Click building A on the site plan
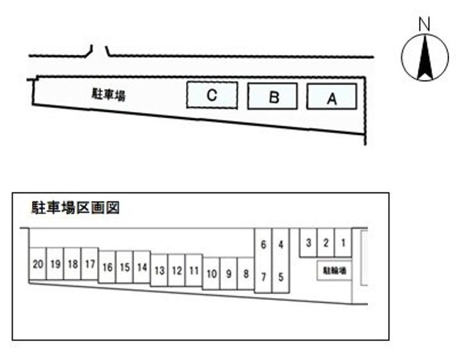pos(332,97)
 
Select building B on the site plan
pos(273,96)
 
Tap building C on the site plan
pos(212,95)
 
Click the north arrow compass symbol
pos(425,58)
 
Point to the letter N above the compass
pos(424,24)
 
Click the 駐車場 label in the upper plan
pos(109,95)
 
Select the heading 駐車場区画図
pos(75,208)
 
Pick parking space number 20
pos(38,263)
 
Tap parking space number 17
pos(90,263)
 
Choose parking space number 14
pos(142,267)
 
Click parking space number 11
pos(194,270)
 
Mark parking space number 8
pos(246,274)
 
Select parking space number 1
pos(343,242)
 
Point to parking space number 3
pos(309,242)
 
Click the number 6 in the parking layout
pos(263,244)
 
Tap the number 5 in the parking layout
pos(280,277)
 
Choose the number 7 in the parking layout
pos(263,277)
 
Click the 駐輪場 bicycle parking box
pos(334,270)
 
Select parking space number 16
pos(107,267)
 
